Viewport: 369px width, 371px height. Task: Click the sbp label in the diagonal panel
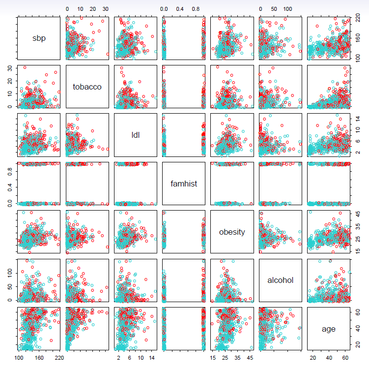(x=38, y=38)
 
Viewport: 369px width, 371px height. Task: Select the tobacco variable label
(x=87, y=87)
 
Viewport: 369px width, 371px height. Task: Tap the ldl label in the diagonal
(x=135, y=135)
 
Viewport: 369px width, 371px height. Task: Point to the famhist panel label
(x=184, y=183)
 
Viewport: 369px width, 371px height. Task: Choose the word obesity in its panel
(x=232, y=232)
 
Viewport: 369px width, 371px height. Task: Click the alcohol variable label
(x=280, y=280)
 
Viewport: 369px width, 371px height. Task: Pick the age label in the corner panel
(x=329, y=328)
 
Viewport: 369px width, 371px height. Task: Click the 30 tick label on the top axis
(x=105, y=9)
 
